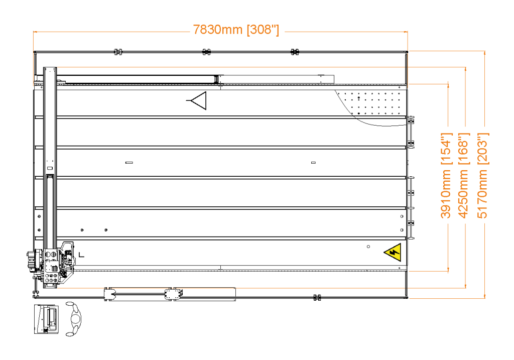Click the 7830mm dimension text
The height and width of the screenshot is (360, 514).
point(218,30)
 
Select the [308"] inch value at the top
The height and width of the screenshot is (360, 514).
point(263,30)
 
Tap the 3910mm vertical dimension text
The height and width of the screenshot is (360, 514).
point(446,194)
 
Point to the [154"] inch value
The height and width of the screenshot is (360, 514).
point(446,149)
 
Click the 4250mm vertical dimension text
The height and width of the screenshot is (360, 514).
point(464,194)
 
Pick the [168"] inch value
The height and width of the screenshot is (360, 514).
point(464,149)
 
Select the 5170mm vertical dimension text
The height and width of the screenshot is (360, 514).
point(482,194)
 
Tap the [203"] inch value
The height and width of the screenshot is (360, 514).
point(482,149)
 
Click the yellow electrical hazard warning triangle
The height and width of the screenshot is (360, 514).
point(394,252)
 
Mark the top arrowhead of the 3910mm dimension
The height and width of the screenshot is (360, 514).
point(448,85)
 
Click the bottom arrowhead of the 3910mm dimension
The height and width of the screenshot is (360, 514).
point(448,269)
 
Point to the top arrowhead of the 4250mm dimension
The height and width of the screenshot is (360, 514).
point(465,69)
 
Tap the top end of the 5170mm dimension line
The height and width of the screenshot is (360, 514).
point(484,52)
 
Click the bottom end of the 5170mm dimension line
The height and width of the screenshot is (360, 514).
point(484,297)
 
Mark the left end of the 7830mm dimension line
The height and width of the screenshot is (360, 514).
point(34,32)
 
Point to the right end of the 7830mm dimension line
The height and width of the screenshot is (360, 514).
point(407,32)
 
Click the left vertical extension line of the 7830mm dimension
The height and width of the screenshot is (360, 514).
point(33,60)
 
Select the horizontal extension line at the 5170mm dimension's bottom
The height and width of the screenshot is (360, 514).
point(447,299)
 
